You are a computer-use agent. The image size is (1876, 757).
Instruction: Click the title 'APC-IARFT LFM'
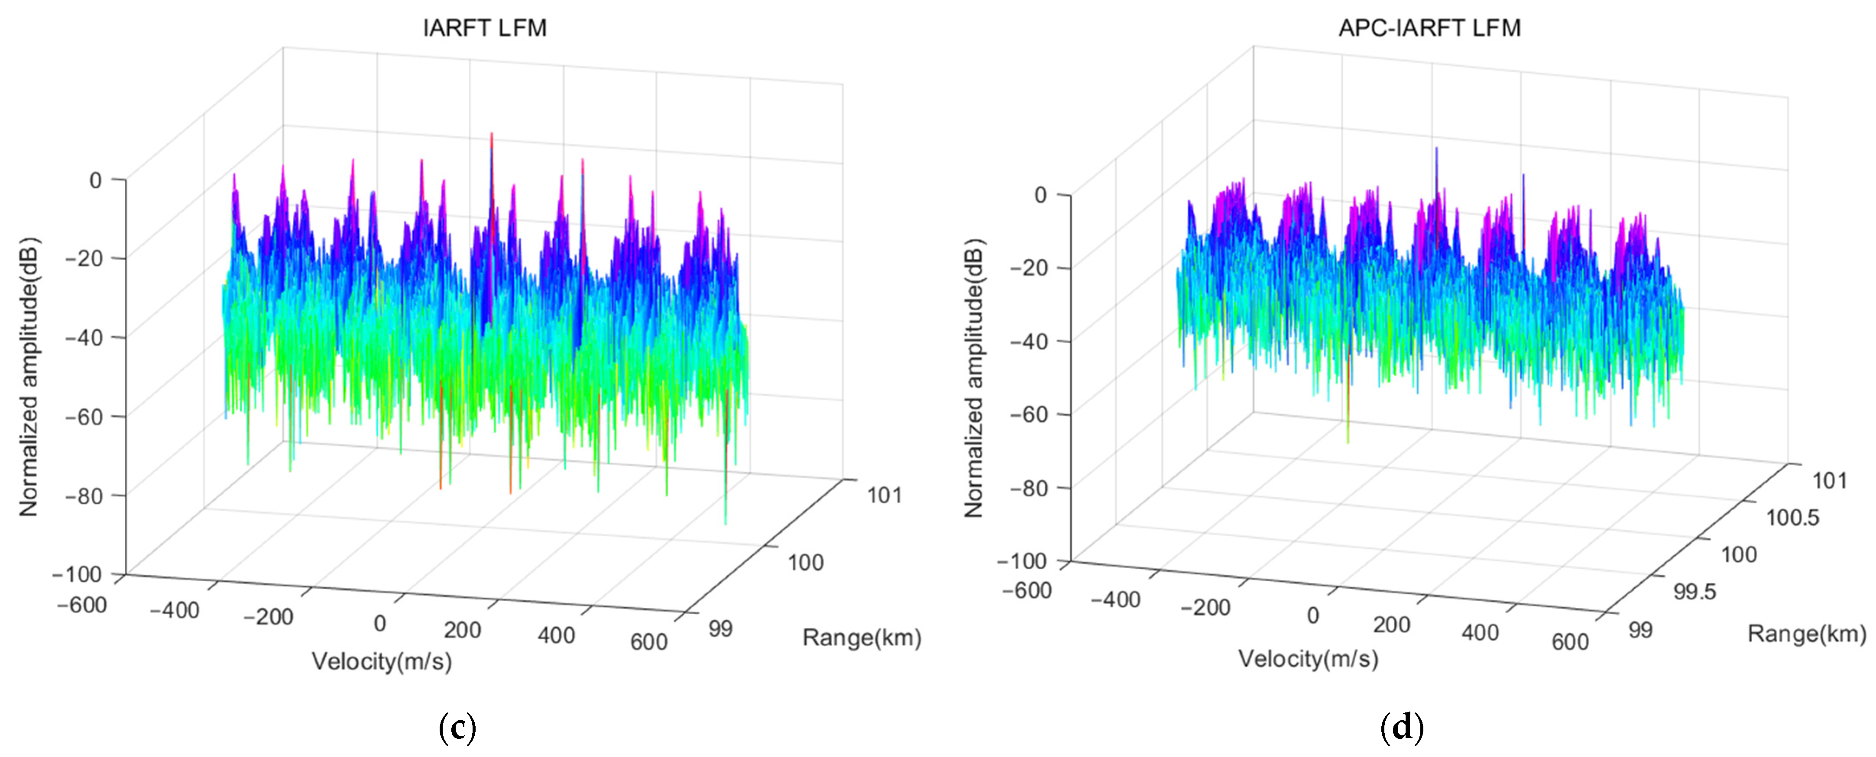1429,28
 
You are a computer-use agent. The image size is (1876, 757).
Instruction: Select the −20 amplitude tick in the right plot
1029,268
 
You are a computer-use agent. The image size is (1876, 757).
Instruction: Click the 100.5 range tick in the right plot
1792,518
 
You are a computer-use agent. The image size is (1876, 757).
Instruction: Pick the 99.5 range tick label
1695,592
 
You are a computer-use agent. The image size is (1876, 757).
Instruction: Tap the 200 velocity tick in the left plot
463,630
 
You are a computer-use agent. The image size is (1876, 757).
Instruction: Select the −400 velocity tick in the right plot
1115,600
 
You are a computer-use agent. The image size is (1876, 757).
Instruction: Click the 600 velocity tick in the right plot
1569,641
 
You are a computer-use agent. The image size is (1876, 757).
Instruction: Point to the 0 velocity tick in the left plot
379,624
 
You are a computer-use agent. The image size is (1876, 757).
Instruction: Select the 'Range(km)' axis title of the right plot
1807,634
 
